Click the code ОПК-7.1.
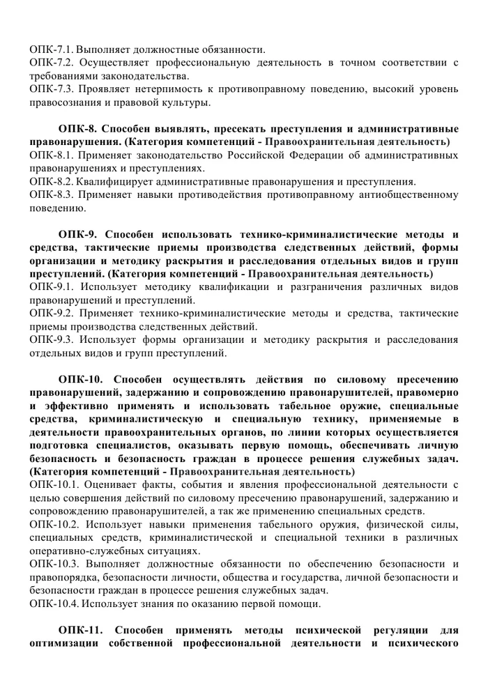point(51,49)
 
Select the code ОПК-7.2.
point(52,63)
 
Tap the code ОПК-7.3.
point(52,89)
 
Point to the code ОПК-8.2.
point(52,181)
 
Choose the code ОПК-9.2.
point(52,314)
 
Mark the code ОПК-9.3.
point(52,340)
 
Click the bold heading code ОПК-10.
point(81,380)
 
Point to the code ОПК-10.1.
point(55,486)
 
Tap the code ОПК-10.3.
point(55,564)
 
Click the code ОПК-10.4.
point(54,603)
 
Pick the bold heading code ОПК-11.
point(81,630)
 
